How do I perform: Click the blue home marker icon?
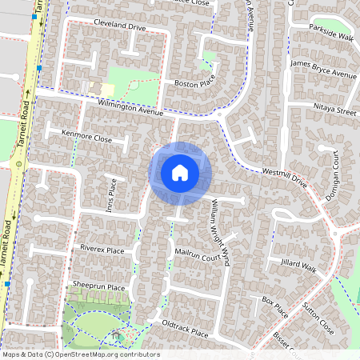[180, 172]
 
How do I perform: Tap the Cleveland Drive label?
[120, 26]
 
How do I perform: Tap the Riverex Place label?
[102, 250]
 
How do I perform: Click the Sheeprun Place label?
[99, 286]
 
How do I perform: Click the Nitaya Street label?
[335, 112]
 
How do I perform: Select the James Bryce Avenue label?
[323, 69]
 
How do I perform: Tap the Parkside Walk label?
[333, 35]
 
